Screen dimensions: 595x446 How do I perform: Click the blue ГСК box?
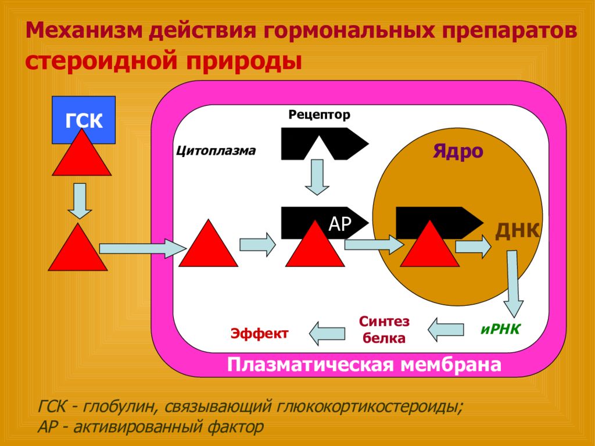pos(84,114)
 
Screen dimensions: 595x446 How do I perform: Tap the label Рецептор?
pos(319,115)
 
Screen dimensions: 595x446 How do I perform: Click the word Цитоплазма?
pos(216,151)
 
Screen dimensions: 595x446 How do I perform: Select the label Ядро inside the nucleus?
pos(458,152)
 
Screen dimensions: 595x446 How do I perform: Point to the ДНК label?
pos(518,230)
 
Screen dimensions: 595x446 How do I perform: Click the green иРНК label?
pos(500,329)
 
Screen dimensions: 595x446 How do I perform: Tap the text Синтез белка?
pos(384,329)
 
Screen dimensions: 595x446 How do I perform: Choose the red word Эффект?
pos(260,333)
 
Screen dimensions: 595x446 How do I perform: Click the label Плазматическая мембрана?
pos(364,365)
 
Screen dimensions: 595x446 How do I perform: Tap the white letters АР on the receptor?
pos(339,224)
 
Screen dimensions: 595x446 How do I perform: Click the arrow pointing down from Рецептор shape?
pos(317,177)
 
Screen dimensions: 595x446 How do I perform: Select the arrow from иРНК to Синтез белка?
pos(446,329)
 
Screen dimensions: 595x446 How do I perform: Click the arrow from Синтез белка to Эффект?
pos(327,334)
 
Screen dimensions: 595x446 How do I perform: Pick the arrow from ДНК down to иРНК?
pos(513,284)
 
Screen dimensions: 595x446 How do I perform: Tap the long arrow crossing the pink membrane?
pos(143,249)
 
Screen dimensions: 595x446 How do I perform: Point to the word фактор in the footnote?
pos(235,427)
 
